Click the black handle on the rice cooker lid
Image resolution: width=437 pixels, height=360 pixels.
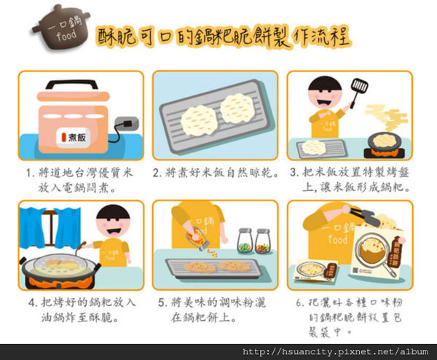coord(72,85)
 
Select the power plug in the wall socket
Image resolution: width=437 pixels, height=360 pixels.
coord(127,123)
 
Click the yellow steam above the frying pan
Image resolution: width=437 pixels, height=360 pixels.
coord(387,117)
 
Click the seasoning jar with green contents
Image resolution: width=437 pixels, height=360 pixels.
coord(245,241)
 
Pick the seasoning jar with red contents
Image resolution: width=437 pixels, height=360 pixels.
coord(262,241)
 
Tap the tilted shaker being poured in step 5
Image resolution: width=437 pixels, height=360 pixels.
coord(197,238)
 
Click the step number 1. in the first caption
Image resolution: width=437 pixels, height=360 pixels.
coord(30,173)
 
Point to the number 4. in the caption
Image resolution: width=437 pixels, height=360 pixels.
coord(33,303)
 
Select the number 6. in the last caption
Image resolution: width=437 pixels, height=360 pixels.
coord(300,303)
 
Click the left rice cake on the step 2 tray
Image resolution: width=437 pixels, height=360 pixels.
coord(198,120)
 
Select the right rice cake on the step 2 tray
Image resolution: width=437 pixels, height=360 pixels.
coord(237,109)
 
